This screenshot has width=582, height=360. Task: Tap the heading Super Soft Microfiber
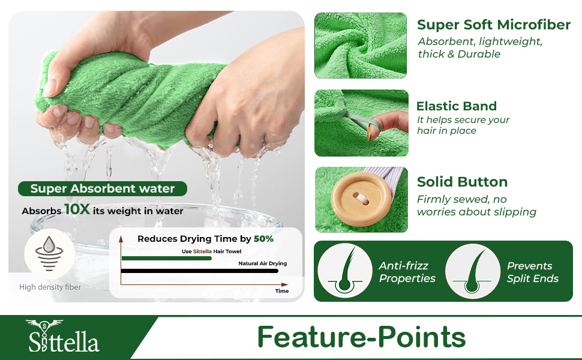click(x=493, y=25)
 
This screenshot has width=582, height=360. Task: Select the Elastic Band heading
click(x=457, y=106)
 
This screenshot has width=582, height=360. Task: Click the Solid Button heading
click(x=462, y=182)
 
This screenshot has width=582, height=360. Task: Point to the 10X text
click(x=77, y=210)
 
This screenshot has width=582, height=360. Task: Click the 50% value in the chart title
click(x=263, y=239)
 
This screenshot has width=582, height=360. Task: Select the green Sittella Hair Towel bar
click(x=167, y=258)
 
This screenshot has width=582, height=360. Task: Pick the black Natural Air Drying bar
click(x=200, y=271)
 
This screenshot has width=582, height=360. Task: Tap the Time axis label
click(x=281, y=291)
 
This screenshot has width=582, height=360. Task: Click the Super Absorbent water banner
click(x=102, y=189)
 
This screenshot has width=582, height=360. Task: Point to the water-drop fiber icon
click(x=49, y=252)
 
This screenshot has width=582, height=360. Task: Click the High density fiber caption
click(x=50, y=287)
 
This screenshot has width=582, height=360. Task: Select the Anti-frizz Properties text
click(x=407, y=272)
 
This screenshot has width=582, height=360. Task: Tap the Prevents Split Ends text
click(x=532, y=272)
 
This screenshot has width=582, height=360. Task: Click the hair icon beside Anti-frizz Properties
click(x=345, y=271)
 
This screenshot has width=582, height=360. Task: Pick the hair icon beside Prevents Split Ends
click(x=473, y=271)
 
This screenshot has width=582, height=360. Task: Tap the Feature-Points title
click(x=361, y=337)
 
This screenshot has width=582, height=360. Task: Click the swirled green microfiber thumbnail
click(x=361, y=46)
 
